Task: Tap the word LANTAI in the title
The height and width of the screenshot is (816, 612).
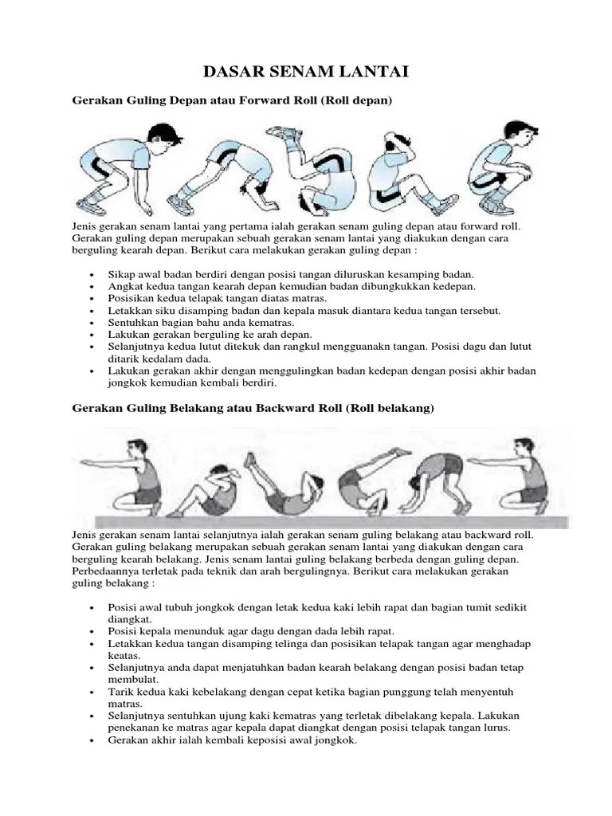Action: pyautogui.click(x=375, y=73)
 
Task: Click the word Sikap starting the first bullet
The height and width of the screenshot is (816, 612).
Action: pyautogui.click(x=121, y=274)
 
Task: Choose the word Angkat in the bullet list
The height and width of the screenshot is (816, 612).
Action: pyautogui.click(x=125, y=285)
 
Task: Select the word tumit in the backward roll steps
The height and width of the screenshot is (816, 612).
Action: pyautogui.click(x=464, y=607)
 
